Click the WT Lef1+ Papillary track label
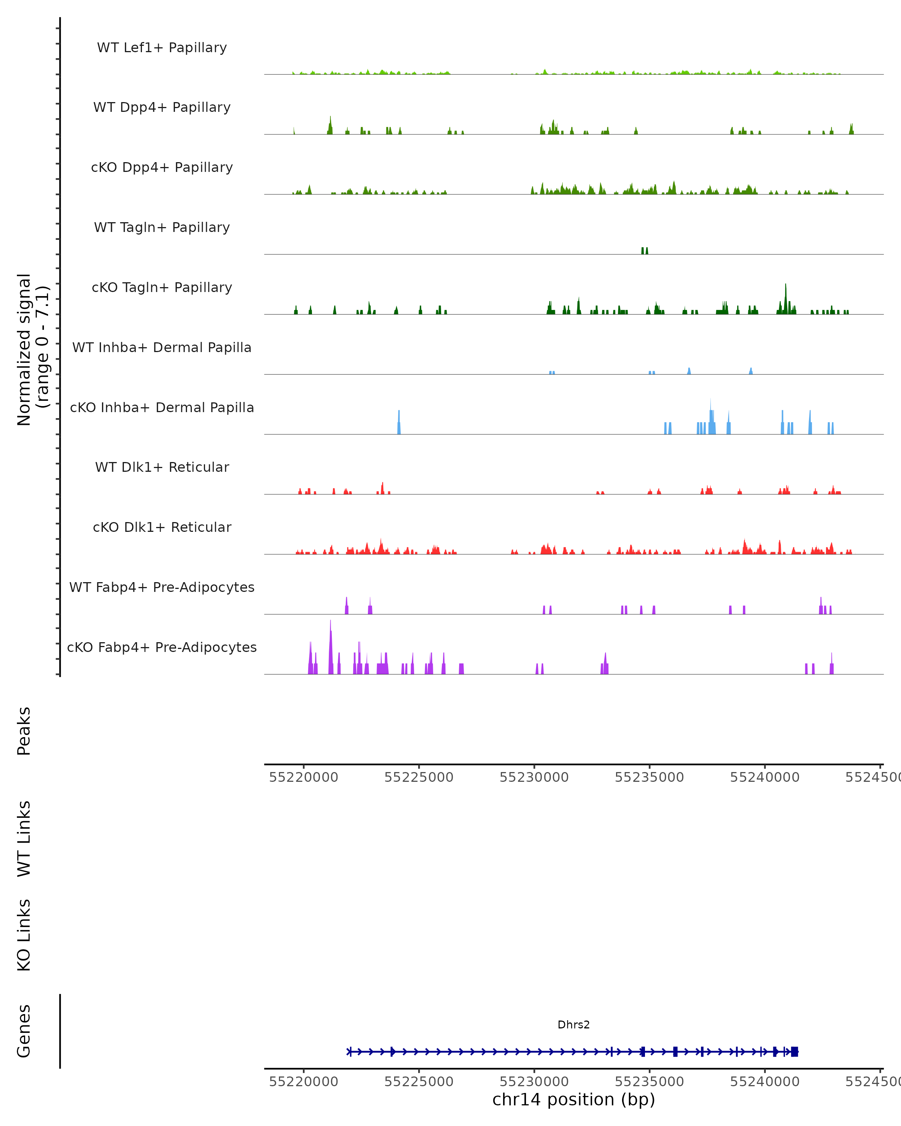tap(162, 48)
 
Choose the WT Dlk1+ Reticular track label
tap(162, 467)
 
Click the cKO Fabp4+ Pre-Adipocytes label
tap(162, 647)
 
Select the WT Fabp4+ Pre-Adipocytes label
tap(162, 587)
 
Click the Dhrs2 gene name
tap(574, 1025)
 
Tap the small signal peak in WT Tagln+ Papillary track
tap(645, 251)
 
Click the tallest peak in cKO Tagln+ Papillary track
tap(786, 298)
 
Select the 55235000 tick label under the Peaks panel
tap(649, 777)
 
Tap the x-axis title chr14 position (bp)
tap(574, 1099)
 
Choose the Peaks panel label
tap(24, 731)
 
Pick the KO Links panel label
tap(24, 935)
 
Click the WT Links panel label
tap(24, 838)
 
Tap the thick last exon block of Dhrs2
tap(794, 1052)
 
